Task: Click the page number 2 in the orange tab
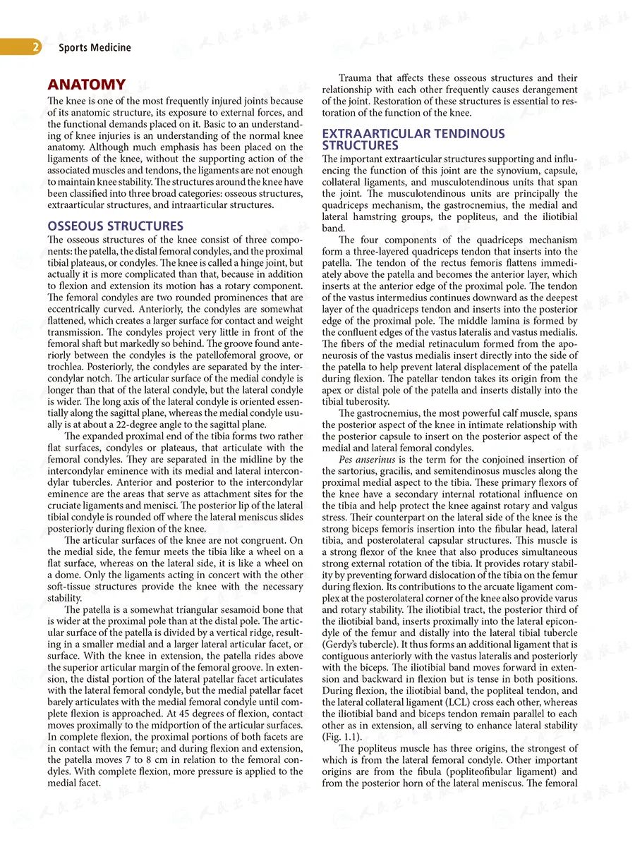pyautogui.click(x=34, y=48)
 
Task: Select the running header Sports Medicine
pyautogui.click(x=95, y=48)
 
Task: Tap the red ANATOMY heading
pyautogui.click(x=86, y=85)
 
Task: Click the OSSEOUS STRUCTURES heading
pyautogui.click(x=115, y=226)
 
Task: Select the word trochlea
pyautogui.click(x=65, y=368)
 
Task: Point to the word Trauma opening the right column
pyautogui.click(x=357, y=78)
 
